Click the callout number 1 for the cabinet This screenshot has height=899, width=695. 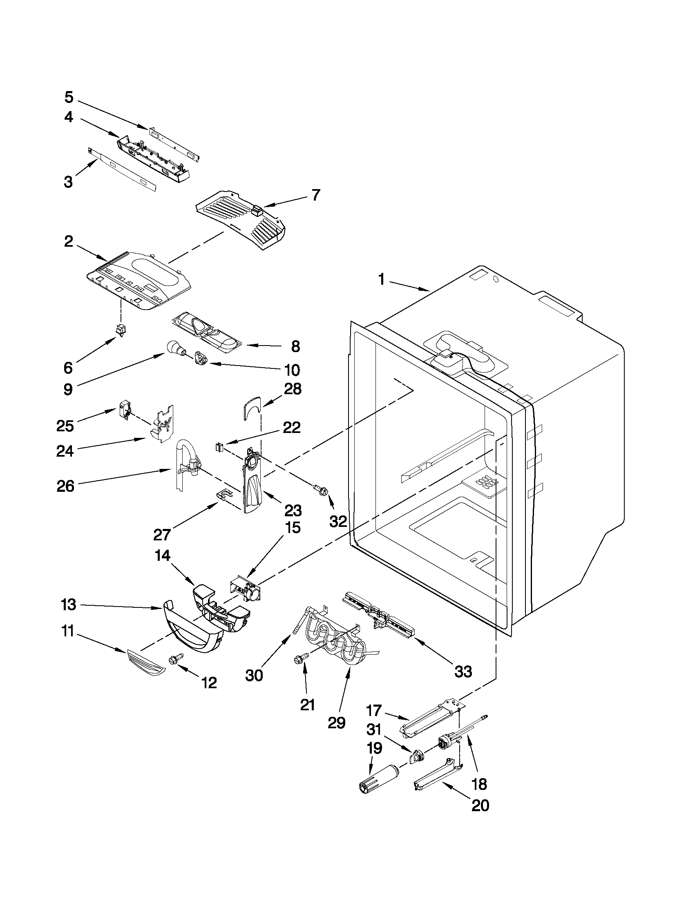pos(381,280)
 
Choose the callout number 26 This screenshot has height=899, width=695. pos(65,486)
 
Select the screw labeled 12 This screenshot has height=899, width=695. pos(172,659)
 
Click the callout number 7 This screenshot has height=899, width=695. pos(315,195)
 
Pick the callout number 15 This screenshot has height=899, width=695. pos(293,528)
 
